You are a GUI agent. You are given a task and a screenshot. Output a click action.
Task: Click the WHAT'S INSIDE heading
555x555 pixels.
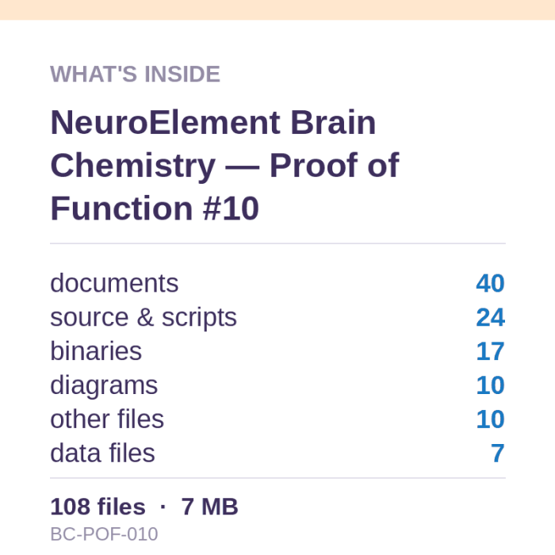coord(136,74)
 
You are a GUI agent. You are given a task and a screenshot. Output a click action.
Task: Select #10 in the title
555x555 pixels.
coord(232,208)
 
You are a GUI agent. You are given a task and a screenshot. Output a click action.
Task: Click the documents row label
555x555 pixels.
coord(114,283)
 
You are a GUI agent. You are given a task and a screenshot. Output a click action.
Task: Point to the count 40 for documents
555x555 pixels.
coord(490,283)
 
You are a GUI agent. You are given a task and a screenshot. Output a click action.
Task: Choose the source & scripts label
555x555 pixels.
coord(144,317)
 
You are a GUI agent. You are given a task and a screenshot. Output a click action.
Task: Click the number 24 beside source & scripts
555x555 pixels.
coord(490,317)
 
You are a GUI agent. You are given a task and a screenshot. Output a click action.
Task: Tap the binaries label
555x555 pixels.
coord(96,351)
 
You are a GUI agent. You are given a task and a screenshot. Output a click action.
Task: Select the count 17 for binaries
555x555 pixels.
coord(490,351)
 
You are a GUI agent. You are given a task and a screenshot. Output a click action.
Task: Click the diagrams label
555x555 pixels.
coord(104,386)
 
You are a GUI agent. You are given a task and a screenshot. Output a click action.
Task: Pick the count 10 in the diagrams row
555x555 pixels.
coord(490,385)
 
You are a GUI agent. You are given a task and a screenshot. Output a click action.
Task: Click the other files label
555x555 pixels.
coord(107,419)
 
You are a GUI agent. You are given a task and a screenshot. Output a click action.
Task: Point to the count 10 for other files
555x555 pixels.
coord(490,419)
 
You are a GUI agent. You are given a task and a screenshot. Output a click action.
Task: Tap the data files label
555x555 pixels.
coord(102,453)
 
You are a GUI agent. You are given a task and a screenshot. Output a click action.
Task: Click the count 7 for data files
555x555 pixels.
coord(498,453)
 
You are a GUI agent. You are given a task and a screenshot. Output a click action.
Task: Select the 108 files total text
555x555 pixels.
coord(98,507)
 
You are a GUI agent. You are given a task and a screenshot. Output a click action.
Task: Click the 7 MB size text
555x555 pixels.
coord(209,507)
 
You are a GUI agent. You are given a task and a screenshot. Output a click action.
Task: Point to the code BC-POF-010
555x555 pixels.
coord(104,534)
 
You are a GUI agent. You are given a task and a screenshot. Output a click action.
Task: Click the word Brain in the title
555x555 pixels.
coord(333,122)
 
